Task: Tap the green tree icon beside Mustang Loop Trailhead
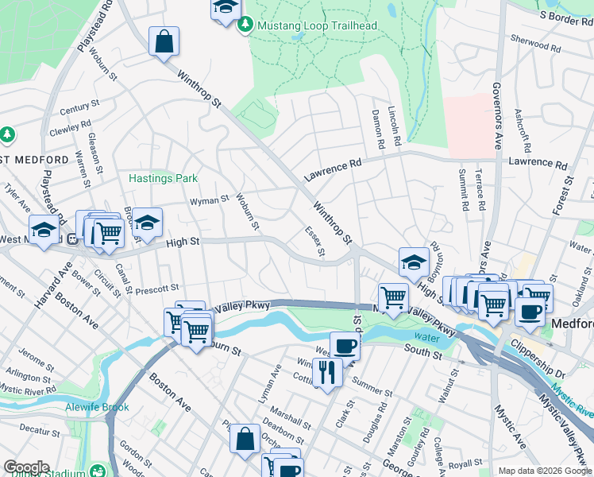click(x=245, y=25)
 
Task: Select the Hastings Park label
click(x=163, y=179)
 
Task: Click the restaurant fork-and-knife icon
click(x=327, y=370)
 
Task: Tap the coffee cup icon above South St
click(x=345, y=345)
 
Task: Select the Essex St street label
click(x=315, y=242)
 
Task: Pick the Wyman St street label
click(x=208, y=200)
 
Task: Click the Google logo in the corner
click(x=26, y=467)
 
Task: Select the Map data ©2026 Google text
click(x=544, y=471)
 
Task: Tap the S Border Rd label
click(x=567, y=14)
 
